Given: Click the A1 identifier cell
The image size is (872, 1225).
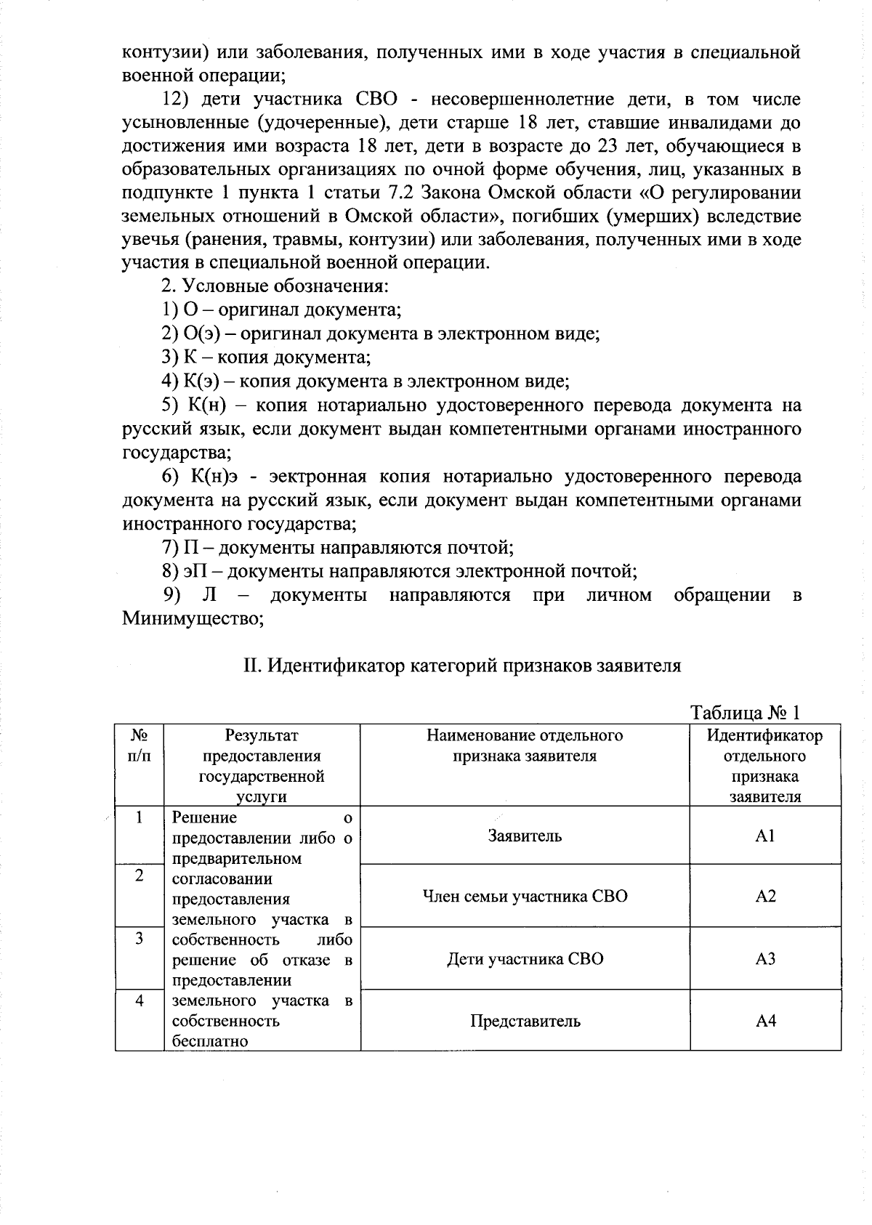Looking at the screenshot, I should point(765,836).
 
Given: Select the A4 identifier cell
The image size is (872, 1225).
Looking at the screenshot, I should point(765,1021).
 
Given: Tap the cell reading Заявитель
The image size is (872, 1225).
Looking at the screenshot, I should point(525,836).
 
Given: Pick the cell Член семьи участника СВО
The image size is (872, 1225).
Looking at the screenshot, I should point(525,897).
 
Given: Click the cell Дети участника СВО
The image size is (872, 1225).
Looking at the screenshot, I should point(525,959).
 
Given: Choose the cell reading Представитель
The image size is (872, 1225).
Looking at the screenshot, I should point(525,1021).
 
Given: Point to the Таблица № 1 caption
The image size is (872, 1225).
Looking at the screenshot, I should point(745,711).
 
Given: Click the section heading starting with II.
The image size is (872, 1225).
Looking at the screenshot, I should point(461,666).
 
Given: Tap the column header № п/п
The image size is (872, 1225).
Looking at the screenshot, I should point(139,745).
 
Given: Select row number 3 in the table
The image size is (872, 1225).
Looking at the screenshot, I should point(139,938).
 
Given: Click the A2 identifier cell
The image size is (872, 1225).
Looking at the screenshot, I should point(765,897).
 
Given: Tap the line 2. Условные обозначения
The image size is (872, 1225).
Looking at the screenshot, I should point(275,286).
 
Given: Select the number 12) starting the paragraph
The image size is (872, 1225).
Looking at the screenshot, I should point(175,99).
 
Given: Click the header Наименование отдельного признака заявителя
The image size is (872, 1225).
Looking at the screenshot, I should point(525,745).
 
